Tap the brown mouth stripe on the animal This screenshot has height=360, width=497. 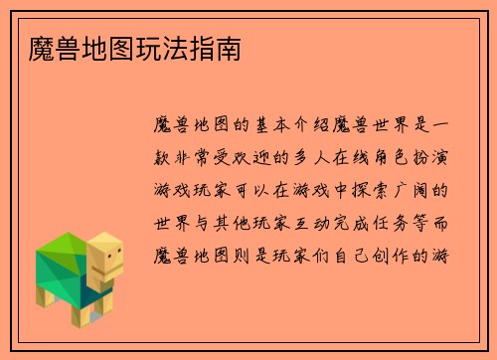click(x=112, y=271)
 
